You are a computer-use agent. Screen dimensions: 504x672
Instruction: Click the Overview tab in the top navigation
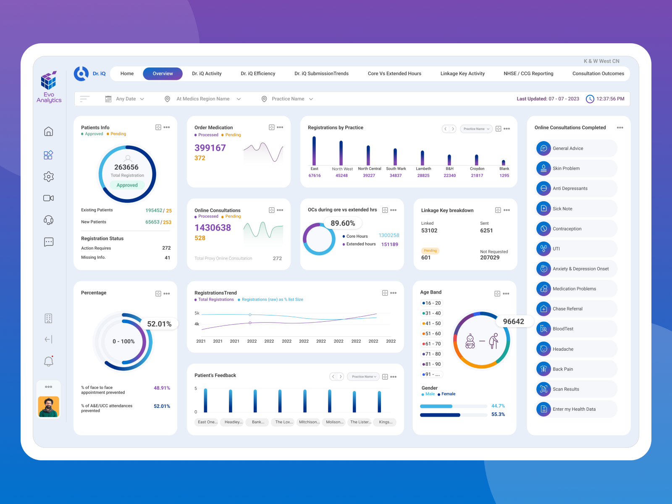pyautogui.click(x=163, y=73)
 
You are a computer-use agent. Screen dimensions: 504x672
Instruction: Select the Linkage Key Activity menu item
pyautogui.click(x=462, y=73)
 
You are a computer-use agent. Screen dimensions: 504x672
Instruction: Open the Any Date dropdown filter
pyautogui.click(x=126, y=99)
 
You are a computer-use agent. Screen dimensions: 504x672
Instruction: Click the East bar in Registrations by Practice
pyautogui.click(x=314, y=151)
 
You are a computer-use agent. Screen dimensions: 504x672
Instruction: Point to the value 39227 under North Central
pyautogui.click(x=369, y=176)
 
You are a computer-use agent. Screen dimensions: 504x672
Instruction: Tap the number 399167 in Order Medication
pyautogui.click(x=210, y=148)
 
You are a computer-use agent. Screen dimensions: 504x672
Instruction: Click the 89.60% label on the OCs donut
pyautogui.click(x=343, y=223)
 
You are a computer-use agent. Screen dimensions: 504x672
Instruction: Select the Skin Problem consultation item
pyautogui.click(x=566, y=168)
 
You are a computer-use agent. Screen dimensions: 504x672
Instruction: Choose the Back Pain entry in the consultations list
pyautogui.click(x=562, y=369)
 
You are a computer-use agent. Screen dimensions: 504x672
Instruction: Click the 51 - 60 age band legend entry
pyautogui.click(x=432, y=333)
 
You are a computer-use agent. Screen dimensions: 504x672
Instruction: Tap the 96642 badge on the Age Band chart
pyautogui.click(x=513, y=321)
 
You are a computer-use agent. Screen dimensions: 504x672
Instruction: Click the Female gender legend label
pyautogui.click(x=448, y=394)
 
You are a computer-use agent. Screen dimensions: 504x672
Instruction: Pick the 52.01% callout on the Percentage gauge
pyautogui.click(x=159, y=324)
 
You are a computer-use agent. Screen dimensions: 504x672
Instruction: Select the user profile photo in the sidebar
pyautogui.click(x=49, y=407)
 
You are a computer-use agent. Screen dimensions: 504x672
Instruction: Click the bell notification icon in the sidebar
pyautogui.click(x=49, y=361)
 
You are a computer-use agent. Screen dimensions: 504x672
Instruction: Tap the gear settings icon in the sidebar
pyautogui.click(x=49, y=176)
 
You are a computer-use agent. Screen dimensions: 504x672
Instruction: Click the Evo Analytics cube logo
pyautogui.click(x=49, y=81)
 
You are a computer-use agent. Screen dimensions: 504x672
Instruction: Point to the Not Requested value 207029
pyautogui.click(x=490, y=257)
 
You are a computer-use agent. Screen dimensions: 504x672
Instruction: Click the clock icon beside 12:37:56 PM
pyautogui.click(x=590, y=99)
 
